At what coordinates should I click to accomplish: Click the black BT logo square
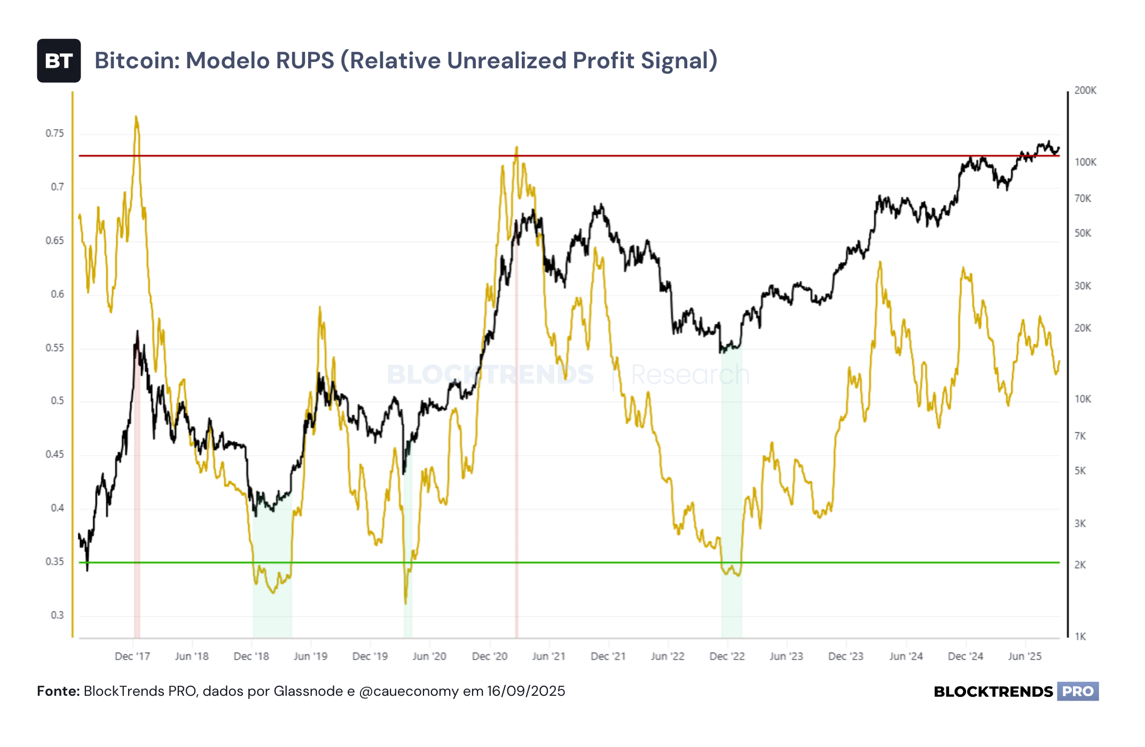[59, 61]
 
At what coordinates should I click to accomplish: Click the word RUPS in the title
[305, 60]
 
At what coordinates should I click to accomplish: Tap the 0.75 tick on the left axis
[55, 133]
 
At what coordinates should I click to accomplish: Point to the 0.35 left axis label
[55, 562]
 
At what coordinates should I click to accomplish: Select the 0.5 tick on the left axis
[58, 401]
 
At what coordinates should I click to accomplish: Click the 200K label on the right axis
[1085, 91]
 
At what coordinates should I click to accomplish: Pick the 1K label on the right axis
[1080, 637]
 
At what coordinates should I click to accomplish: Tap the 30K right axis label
[1083, 286]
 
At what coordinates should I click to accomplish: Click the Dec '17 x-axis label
[132, 656]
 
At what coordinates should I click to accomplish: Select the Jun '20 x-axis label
[429, 656]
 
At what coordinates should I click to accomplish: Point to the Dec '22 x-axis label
[727, 656]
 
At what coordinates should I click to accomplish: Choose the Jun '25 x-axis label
[1025, 656]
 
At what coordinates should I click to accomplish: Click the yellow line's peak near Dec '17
[136, 116]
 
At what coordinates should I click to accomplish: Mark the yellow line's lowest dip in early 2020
[406, 603]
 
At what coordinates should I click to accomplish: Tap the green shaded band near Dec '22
[732, 491]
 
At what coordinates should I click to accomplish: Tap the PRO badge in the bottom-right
[1078, 692]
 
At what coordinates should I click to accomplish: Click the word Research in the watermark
[691, 375]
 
